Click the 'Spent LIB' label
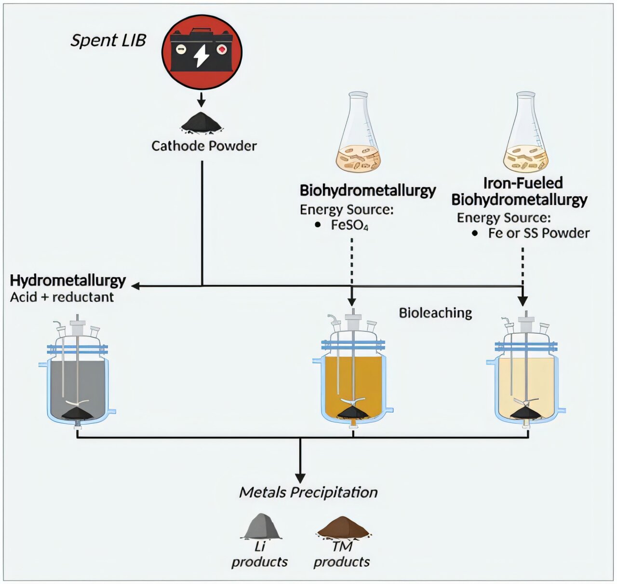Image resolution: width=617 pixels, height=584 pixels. (108, 40)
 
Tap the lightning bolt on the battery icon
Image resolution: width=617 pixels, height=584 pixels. (201, 55)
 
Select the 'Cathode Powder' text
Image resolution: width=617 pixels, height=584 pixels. (204, 146)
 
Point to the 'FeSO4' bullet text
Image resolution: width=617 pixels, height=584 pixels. (349, 225)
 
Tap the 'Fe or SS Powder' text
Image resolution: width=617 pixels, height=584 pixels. (538, 233)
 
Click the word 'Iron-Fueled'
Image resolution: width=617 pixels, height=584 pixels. (523, 183)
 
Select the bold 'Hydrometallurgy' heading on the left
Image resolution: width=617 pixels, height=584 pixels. (68, 280)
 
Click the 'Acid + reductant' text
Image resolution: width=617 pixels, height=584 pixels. (62, 297)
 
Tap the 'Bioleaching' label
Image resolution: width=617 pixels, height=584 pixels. (435, 313)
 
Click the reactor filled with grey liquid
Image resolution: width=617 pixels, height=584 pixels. (78, 381)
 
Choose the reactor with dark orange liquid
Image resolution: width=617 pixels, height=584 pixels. (353, 381)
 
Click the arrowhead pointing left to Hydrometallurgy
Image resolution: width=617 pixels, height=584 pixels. (135, 286)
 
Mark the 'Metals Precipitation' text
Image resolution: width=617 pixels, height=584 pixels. (308, 492)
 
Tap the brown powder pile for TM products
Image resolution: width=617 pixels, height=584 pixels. (343, 527)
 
